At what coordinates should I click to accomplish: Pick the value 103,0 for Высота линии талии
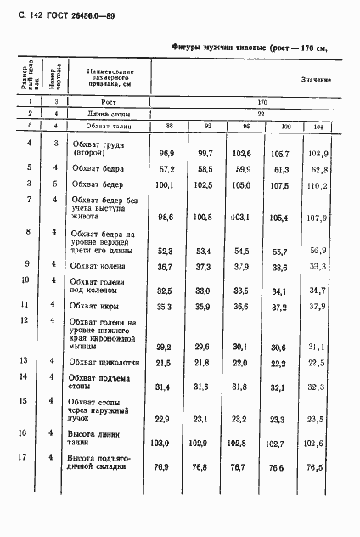[x=161, y=443]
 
